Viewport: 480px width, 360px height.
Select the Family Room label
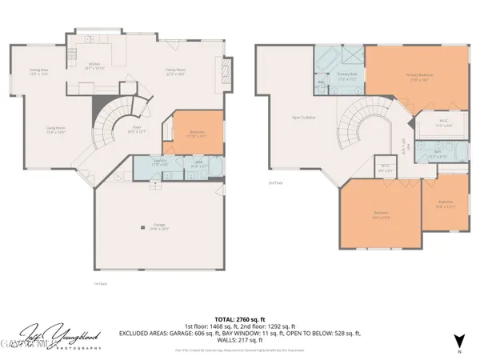tap(176, 71)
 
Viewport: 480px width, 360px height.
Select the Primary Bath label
tap(346, 77)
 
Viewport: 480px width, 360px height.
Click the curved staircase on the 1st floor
tap(112, 128)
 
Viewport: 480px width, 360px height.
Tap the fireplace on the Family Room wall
tap(226, 72)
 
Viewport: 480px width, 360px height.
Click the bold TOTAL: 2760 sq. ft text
tap(239, 317)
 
